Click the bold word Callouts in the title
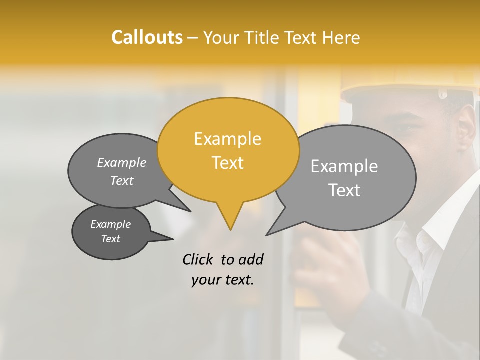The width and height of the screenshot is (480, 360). click(x=147, y=37)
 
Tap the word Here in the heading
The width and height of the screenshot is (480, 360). click(x=341, y=37)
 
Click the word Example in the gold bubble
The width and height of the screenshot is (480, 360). click(x=227, y=139)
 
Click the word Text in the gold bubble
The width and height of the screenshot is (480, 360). click(x=227, y=163)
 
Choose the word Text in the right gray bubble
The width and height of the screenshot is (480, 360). click(x=344, y=190)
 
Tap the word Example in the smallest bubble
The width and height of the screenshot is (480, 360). click(x=110, y=224)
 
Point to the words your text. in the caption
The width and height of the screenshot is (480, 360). click(x=222, y=280)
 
